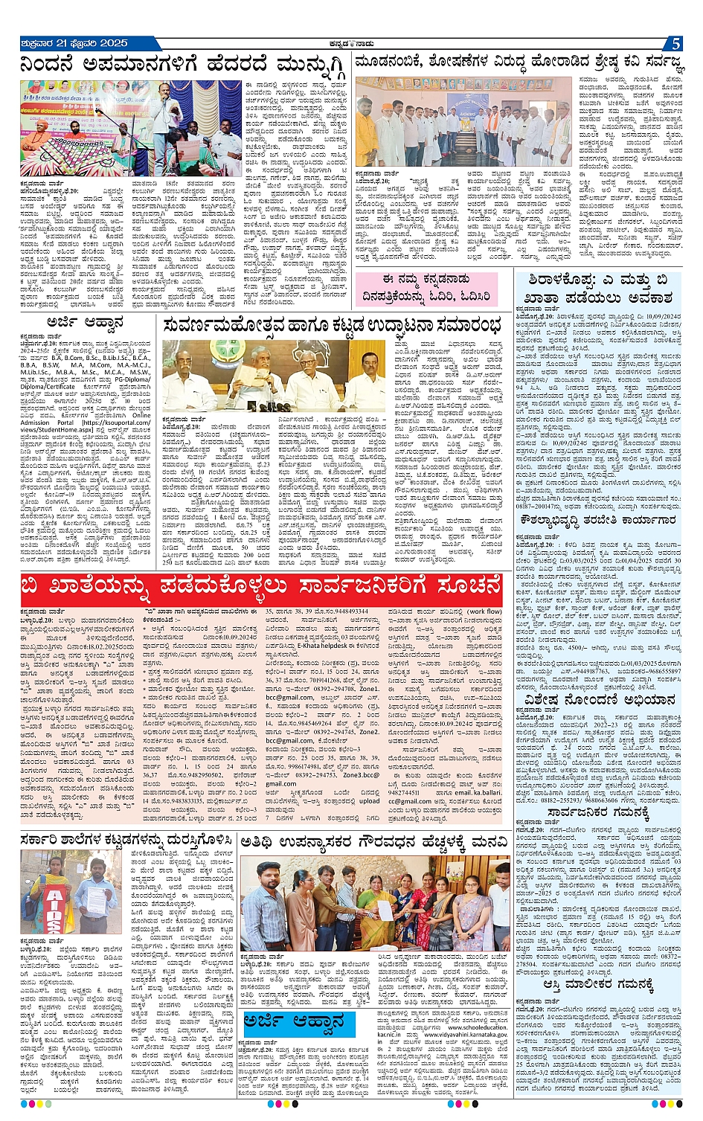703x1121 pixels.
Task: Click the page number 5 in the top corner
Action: click(675, 44)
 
